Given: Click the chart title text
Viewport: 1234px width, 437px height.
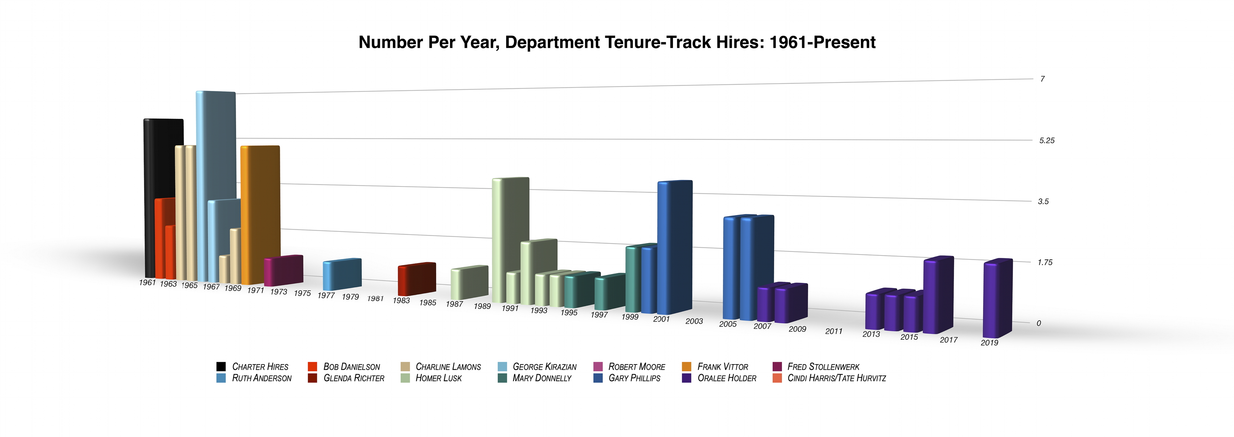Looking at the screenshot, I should click(617, 42).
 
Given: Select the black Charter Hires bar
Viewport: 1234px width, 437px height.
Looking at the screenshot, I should click(163, 158).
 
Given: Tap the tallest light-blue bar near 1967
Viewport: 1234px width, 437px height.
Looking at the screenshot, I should click(216, 144).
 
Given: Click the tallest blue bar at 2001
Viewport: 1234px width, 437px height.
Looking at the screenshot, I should click(674, 244).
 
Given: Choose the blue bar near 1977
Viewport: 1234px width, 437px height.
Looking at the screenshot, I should click(342, 274).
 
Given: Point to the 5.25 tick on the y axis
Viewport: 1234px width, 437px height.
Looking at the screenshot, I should click(1047, 140).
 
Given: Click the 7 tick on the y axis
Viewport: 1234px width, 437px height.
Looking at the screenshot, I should click(1042, 79).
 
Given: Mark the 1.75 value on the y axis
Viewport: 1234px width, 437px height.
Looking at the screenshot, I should click(1045, 262).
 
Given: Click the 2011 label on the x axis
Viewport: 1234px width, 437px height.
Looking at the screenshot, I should click(834, 331).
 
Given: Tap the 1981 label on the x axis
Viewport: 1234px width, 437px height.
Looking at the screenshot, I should click(375, 299).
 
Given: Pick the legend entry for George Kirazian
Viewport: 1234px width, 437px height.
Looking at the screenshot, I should click(544, 367).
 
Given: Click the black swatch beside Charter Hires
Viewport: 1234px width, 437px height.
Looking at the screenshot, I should click(221, 367).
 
